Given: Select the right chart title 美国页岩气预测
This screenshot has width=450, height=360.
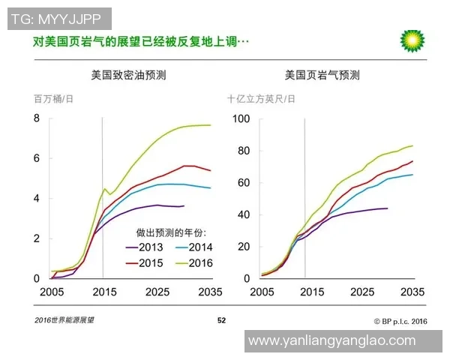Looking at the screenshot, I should coord(322,75).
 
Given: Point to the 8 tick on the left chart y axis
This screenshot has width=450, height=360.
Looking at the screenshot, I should coord(35,118).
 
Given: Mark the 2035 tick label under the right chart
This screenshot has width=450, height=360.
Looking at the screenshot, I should coord(413,292).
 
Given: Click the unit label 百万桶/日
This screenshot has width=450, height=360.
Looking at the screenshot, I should coord(53,99).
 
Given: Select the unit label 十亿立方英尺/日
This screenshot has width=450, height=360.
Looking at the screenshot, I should coord(261,99).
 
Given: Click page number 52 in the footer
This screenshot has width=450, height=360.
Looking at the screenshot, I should coord(221,320).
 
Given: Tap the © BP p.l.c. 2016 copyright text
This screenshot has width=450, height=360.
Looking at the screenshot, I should coord(394,321).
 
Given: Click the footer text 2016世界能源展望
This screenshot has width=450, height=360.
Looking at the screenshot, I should coord(64,320).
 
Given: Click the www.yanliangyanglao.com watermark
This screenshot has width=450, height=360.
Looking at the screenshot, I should coord(331,340).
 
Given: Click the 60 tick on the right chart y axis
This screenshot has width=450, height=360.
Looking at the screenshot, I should coord(243,182).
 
